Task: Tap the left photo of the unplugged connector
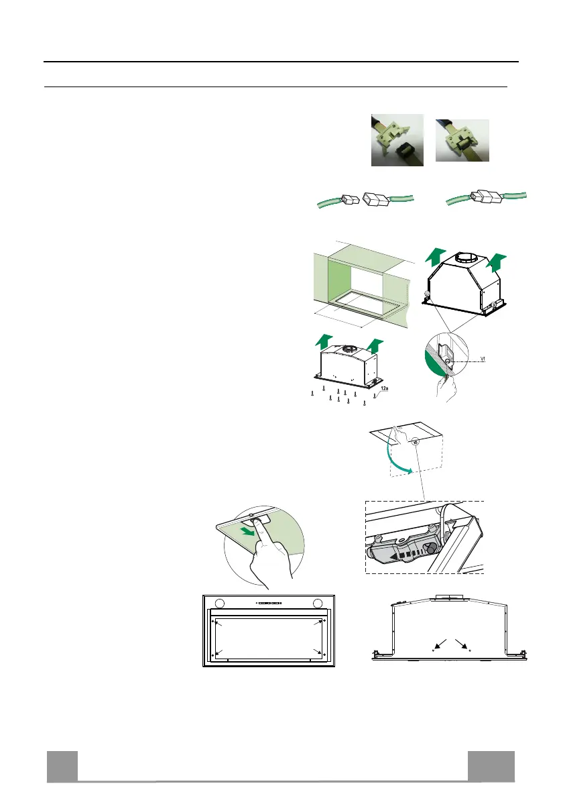tap(397, 139)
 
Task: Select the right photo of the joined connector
tap(462, 140)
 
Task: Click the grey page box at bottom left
tap(62, 766)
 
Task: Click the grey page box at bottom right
tap(491, 766)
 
